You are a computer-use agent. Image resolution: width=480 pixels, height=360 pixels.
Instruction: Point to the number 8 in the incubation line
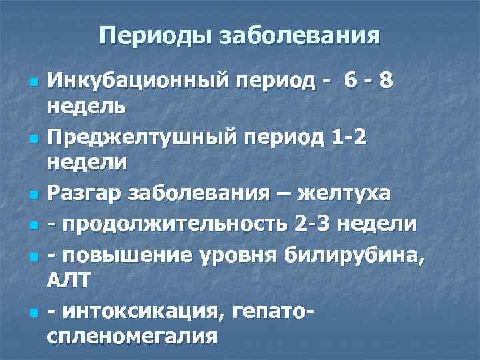385,81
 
